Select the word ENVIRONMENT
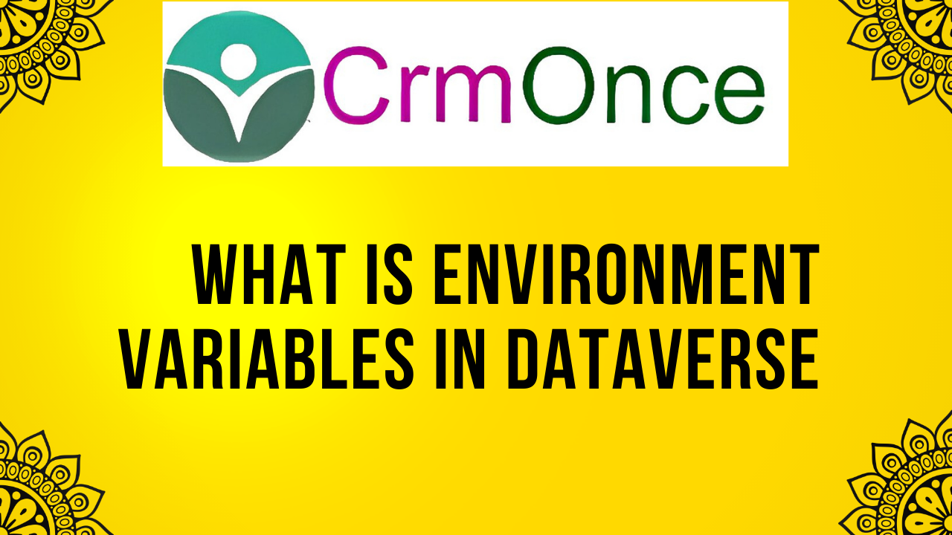[626, 274]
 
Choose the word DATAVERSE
[663, 359]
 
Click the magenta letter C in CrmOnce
[356, 85]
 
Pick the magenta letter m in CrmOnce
[472, 94]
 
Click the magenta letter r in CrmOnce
[414, 94]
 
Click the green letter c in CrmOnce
[681, 94]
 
